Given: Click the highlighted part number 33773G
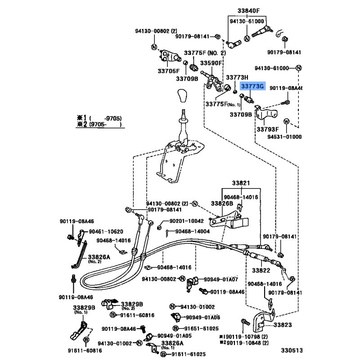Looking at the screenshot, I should (253, 86).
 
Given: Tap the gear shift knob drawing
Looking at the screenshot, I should (184, 96).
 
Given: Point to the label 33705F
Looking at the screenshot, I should (168, 71).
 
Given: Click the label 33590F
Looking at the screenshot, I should (211, 63).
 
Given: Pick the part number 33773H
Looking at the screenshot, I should (237, 77).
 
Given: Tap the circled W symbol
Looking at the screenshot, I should (287, 121).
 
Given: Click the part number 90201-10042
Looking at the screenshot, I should (186, 221).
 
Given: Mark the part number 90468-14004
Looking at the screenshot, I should (193, 231).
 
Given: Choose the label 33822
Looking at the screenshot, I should (260, 270).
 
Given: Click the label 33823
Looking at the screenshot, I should (282, 324).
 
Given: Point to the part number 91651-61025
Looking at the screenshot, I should (201, 329).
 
